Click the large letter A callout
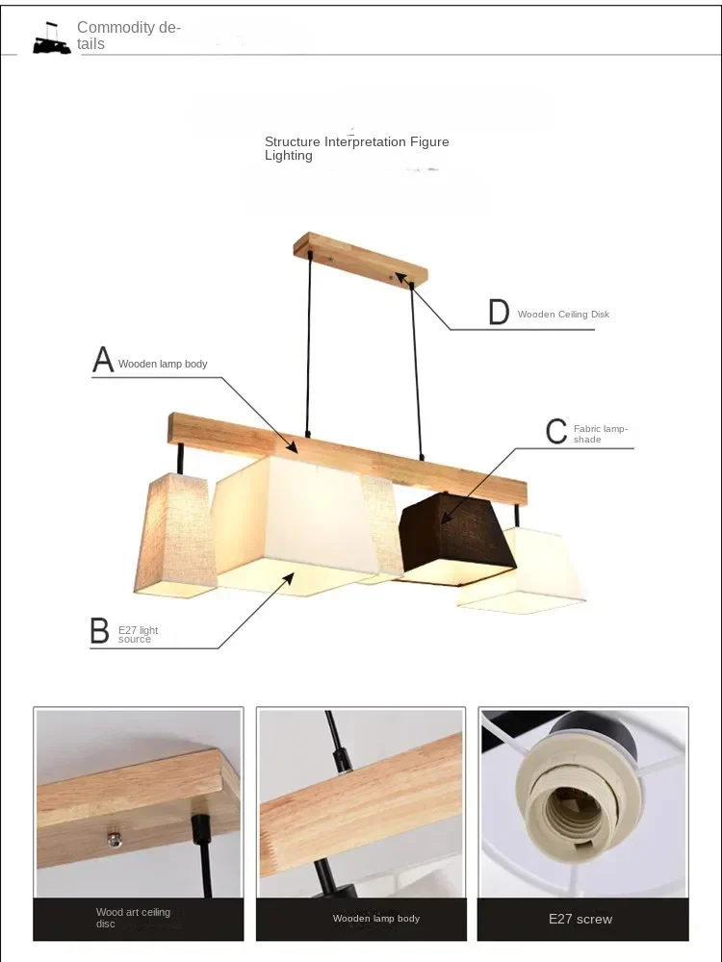(103, 360)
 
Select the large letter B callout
(99, 631)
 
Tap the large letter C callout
(556, 432)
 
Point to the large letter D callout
(499, 313)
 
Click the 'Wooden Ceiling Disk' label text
(563, 315)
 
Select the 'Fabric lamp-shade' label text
(600, 434)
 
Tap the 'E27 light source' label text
(138, 634)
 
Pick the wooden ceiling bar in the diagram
(361, 258)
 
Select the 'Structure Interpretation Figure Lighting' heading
(356, 148)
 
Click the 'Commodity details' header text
(128, 36)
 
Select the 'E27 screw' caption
(580, 919)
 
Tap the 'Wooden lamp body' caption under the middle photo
(376, 919)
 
